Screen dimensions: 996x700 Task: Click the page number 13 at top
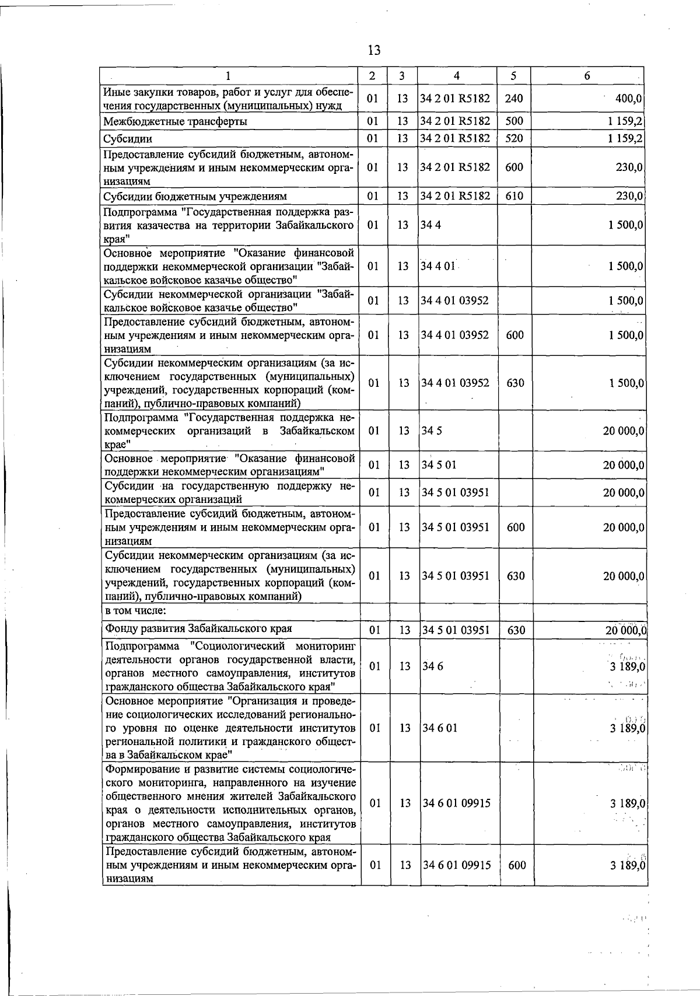point(374,51)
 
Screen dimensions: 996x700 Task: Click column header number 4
point(457,76)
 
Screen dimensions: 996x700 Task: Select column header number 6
point(587,76)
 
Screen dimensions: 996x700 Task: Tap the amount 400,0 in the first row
point(629,99)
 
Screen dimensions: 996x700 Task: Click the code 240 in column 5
point(514,99)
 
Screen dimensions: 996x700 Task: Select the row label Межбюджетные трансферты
point(175,121)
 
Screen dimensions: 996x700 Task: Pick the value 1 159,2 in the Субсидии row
point(625,139)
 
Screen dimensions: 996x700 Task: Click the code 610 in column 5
point(514,196)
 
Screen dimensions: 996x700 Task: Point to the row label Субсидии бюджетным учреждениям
point(195,196)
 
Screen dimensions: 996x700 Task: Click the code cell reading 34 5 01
point(439,465)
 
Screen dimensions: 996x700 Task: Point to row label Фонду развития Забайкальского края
point(198,629)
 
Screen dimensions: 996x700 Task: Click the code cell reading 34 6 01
point(439,728)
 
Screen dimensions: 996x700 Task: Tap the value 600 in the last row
point(517,865)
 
